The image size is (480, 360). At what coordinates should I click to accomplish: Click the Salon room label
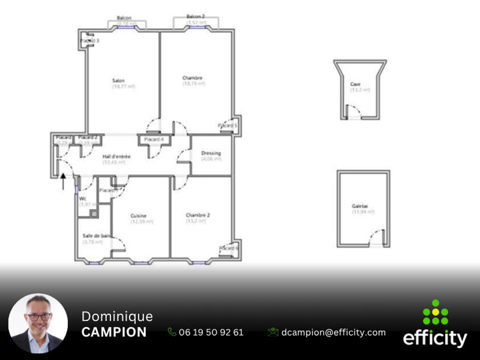[x=118, y=81]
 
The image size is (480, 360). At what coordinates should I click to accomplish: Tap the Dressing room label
[x=211, y=153]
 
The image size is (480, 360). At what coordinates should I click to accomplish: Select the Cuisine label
[x=139, y=216]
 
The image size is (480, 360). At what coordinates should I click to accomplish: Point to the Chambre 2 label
[x=197, y=215]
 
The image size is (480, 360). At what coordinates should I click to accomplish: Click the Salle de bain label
[x=97, y=236]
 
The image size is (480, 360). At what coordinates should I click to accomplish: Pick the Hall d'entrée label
[x=116, y=157]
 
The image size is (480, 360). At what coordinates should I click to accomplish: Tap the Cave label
[x=356, y=84]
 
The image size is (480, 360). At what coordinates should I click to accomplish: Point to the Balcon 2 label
[x=196, y=17]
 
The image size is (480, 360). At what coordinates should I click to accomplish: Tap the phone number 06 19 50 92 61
[x=211, y=332]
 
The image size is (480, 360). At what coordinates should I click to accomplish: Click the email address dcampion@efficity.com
[x=334, y=332]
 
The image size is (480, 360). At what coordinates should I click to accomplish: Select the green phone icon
[x=172, y=332]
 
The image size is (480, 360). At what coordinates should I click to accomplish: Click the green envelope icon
[x=273, y=332]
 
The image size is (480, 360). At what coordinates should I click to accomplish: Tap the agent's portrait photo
[x=38, y=323]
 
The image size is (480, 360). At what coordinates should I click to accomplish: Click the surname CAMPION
[x=113, y=332]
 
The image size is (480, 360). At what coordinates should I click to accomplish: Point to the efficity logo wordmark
[x=435, y=338]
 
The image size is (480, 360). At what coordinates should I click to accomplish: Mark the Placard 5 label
[x=228, y=125]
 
